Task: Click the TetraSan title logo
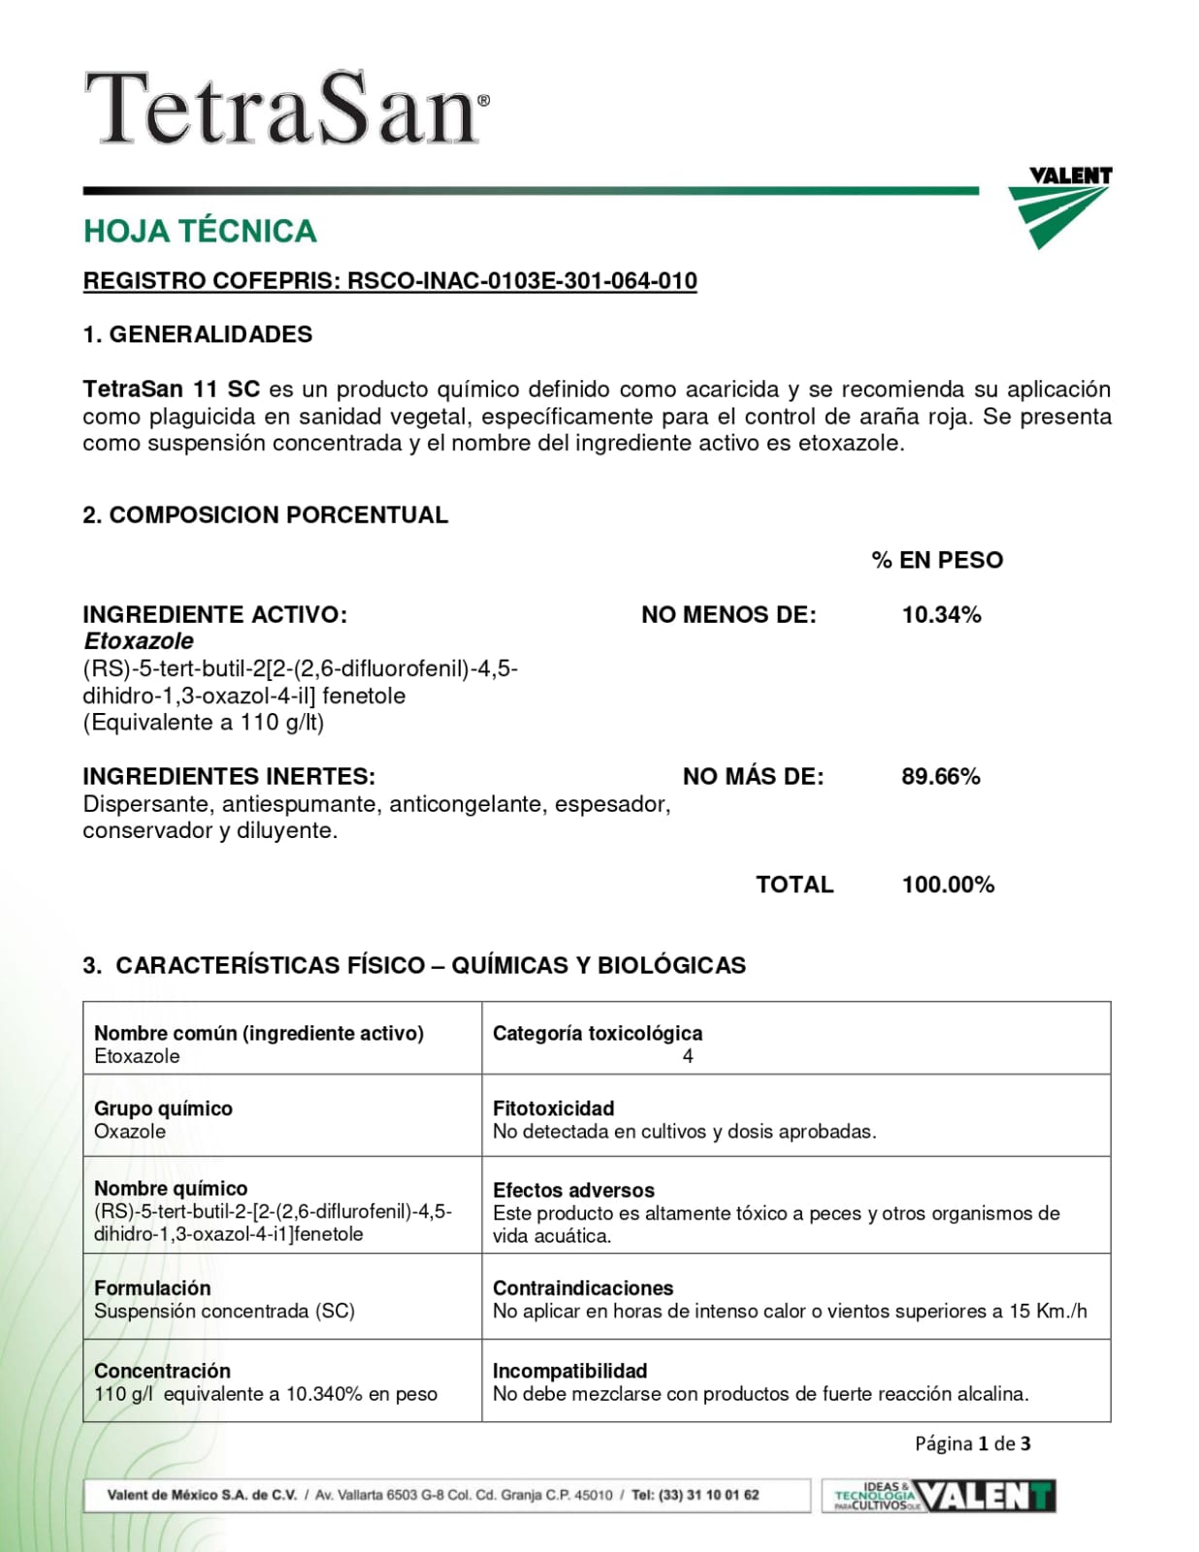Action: pos(286,109)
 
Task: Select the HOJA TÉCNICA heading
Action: pos(200,231)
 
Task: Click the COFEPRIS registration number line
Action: pos(390,281)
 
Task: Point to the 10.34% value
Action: pos(941,615)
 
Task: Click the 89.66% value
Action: pos(941,777)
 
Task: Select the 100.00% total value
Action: pos(948,885)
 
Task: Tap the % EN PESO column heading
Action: pos(937,560)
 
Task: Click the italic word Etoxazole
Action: pos(138,641)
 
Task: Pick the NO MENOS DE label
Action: pos(729,615)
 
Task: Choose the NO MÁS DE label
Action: pos(753,777)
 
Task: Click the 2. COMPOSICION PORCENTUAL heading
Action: pos(265,515)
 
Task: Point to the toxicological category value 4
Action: pos(688,1057)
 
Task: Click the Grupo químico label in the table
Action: pos(163,1109)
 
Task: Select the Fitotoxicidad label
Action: pos(553,1109)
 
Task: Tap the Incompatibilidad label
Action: pos(569,1372)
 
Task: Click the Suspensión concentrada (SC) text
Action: pos(224,1311)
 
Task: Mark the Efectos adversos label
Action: pos(573,1190)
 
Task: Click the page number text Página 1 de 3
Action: pos(972,1443)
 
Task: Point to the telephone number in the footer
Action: pos(696,1495)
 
